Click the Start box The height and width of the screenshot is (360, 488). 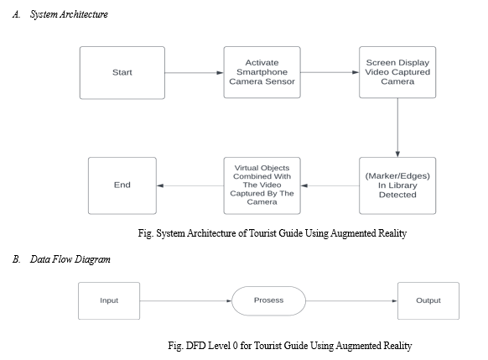coord(122,73)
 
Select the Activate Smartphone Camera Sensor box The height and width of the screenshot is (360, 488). coord(262,72)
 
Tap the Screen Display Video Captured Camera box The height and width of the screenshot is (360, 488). coord(397,72)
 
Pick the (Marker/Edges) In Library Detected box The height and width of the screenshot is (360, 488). coord(397,185)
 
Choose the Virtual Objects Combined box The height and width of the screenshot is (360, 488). coord(262,185)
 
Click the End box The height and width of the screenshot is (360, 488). coord(122,185)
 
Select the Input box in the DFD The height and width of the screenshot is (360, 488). coord(109,300)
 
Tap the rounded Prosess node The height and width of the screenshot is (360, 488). coord(268,300)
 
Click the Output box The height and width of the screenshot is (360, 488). coord(428,300)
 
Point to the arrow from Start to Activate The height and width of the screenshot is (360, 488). coord(195,73)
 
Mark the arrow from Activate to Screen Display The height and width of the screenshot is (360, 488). coord(330,72)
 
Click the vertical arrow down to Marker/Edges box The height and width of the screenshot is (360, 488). coord(397,128)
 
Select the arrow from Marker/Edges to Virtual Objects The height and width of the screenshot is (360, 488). coord(330,186)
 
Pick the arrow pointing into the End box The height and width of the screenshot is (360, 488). coord(190,186)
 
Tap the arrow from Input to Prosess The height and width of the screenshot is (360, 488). coord(186,300)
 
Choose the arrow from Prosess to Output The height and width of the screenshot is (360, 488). coord(351,300)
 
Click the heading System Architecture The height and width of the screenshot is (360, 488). coord(69,14)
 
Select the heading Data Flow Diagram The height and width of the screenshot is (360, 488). coord(70,259)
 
